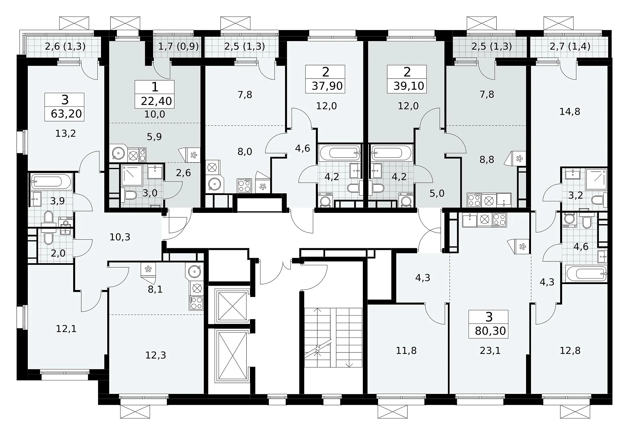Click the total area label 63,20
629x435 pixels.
point(66,114)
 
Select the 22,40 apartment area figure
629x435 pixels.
point(156,101)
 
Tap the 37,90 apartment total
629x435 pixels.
point(327,86)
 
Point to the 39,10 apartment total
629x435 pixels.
point(409,86)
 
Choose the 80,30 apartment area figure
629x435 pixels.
point(490,331)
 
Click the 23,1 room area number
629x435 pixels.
point(490,350)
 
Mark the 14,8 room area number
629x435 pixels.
point(570,112)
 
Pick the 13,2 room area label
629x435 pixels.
point(66,133)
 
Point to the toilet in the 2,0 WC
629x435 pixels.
point(49,237)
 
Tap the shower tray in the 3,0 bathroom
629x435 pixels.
point(132,175)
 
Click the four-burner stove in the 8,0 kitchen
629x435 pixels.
point(244,185)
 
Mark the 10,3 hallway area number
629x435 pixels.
point(120,237)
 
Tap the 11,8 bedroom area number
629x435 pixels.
point(407,350)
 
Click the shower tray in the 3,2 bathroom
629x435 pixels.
point(596,179)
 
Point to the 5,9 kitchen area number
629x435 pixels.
point(154,136)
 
